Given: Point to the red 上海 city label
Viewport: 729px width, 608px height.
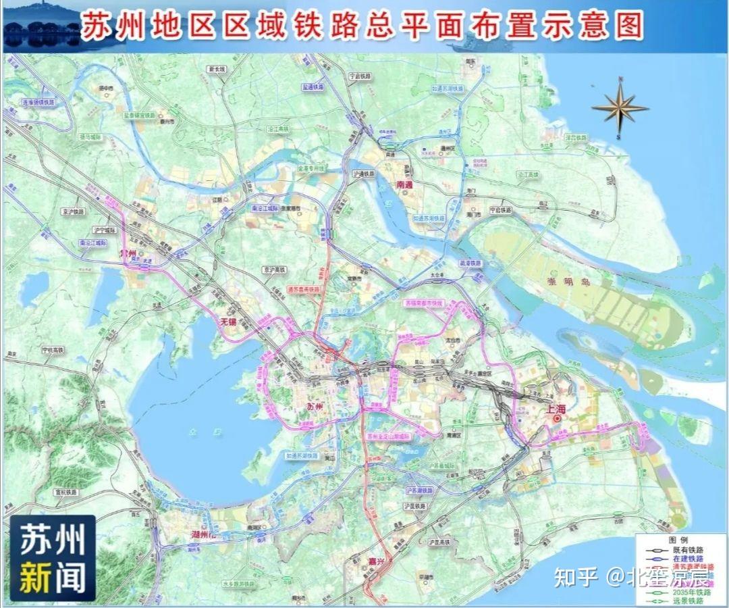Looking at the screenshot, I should coord(556,408).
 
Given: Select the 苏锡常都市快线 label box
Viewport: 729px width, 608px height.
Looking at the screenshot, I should coord(423,303).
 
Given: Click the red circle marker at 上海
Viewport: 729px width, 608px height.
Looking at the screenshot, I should coord(557,419).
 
